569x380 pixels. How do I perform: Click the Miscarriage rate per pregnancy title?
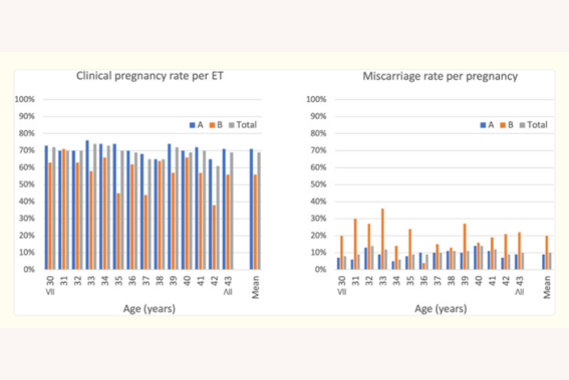coord(440,76)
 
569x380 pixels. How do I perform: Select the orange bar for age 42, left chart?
coord(215,237)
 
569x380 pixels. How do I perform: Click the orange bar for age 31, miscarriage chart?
coord(356,244)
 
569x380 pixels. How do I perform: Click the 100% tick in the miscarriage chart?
coord(316,99)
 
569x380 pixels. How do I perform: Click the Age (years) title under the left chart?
coord(149,309)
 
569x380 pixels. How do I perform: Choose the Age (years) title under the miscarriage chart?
coord(440,309)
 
